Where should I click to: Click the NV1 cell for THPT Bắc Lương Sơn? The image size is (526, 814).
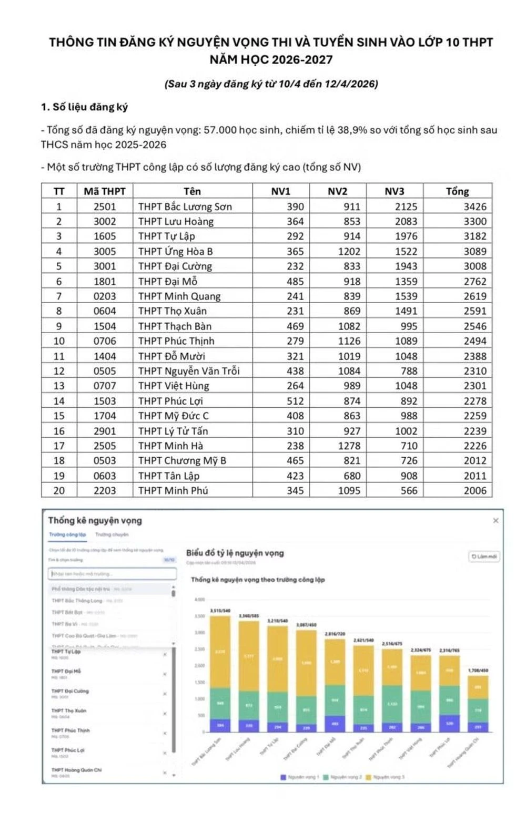295,207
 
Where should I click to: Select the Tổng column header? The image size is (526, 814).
457,191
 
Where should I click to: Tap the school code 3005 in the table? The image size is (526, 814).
105,251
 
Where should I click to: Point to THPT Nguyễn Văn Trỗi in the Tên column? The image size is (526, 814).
189,371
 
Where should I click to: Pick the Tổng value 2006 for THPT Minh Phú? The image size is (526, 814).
474,490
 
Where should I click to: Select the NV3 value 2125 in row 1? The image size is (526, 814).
406,207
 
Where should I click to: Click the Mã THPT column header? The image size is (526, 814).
105,191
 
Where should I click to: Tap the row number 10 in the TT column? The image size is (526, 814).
59,341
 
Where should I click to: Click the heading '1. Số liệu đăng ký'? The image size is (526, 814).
84,107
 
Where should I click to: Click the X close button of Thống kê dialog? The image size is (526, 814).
495,520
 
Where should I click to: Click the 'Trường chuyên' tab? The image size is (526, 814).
112,534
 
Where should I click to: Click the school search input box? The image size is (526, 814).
112,574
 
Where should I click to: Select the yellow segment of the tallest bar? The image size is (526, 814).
220,652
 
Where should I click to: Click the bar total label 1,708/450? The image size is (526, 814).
478,670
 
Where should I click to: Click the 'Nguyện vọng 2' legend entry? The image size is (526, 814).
342,777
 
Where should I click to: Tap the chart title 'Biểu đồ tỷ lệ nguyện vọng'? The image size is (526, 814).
235,553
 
